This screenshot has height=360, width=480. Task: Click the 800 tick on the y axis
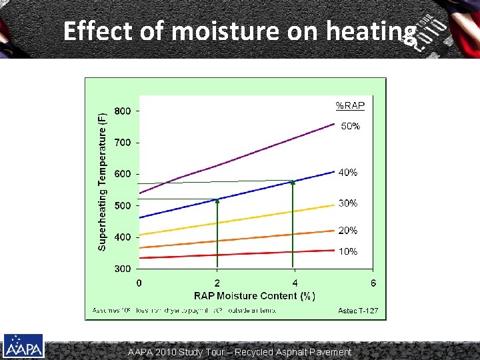(122, 111)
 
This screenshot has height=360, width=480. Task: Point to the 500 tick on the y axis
(122, 206)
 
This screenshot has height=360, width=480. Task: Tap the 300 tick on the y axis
(122, 269)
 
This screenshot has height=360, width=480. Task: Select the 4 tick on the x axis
(295, 283)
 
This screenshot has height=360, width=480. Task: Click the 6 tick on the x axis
(373, 283)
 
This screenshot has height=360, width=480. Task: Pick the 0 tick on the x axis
(139, 283)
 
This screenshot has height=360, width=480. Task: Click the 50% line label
(351, 126)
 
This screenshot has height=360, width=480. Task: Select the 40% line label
(348, 172)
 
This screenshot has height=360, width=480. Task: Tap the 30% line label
(348, 203)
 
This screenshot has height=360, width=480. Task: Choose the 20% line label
(348, 231)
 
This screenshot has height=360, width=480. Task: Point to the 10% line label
(348, 251)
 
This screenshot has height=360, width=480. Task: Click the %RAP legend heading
(350, 105)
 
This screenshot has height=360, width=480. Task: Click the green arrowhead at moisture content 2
(217, 201)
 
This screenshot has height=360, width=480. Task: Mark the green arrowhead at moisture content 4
(293, 183)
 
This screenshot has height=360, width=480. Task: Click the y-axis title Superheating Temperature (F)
(103, 181)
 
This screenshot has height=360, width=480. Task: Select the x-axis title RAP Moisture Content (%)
(255, 295)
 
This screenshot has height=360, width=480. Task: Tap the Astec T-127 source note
(358, 310)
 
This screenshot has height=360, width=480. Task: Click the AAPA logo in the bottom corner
(23, 346)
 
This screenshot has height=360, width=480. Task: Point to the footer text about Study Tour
(240, 351)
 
